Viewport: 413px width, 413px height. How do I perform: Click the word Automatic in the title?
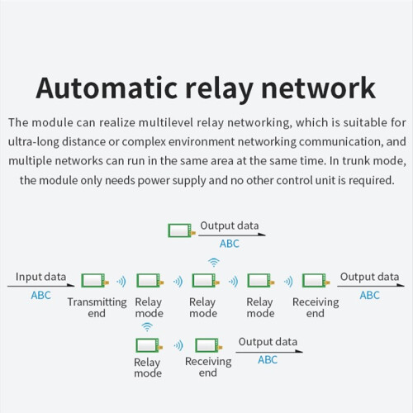tap(107, 88)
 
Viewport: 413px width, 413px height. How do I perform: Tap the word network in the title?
tap(318, 88)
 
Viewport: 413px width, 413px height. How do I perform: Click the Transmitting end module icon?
tap(95, 280)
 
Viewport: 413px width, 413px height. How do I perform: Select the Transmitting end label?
tap(97, 307)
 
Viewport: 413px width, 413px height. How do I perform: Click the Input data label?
tap(40, 277)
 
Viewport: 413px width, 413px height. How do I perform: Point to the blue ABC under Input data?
tap(40, 295)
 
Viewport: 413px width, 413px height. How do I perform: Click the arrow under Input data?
tap(40, 286)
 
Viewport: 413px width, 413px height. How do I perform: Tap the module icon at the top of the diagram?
tap(182, 230)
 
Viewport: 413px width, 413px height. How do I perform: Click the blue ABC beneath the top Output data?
tap(230, 244)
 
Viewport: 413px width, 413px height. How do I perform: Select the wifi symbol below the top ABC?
tap(214, 263)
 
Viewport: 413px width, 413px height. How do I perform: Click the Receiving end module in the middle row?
tap(316, 280)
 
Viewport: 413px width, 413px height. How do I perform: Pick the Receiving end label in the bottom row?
tap(208, 367)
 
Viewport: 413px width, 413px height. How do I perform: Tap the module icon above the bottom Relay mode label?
tap(150, 345)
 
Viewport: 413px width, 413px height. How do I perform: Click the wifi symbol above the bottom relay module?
tap(147, 327)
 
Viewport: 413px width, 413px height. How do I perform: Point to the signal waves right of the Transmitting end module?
tap(121, 282)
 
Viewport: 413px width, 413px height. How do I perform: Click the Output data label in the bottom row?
tap(268, 342)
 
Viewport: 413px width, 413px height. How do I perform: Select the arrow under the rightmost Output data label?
tap(371, 286)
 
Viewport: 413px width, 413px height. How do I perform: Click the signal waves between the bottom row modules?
tap(178, 346)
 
